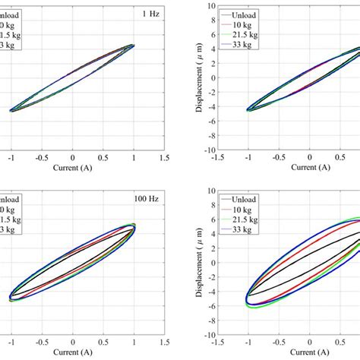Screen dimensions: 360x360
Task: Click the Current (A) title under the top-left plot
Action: (72, 170)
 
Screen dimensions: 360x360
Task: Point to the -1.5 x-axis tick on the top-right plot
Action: (218, 160)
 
